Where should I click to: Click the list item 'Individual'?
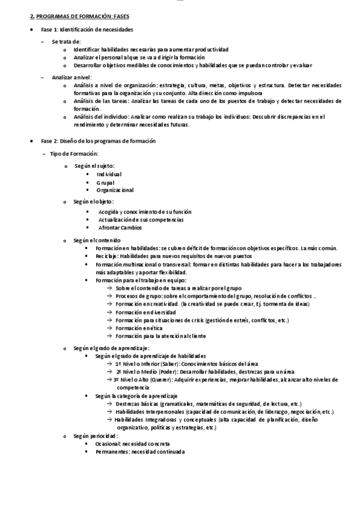point(109,174)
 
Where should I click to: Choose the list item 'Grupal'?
point(105,182)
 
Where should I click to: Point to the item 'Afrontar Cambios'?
point(120,228)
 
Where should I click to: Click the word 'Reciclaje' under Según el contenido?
point(106,256)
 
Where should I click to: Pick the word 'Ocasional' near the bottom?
point(108,443)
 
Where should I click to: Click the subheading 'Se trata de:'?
point(66,41)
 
